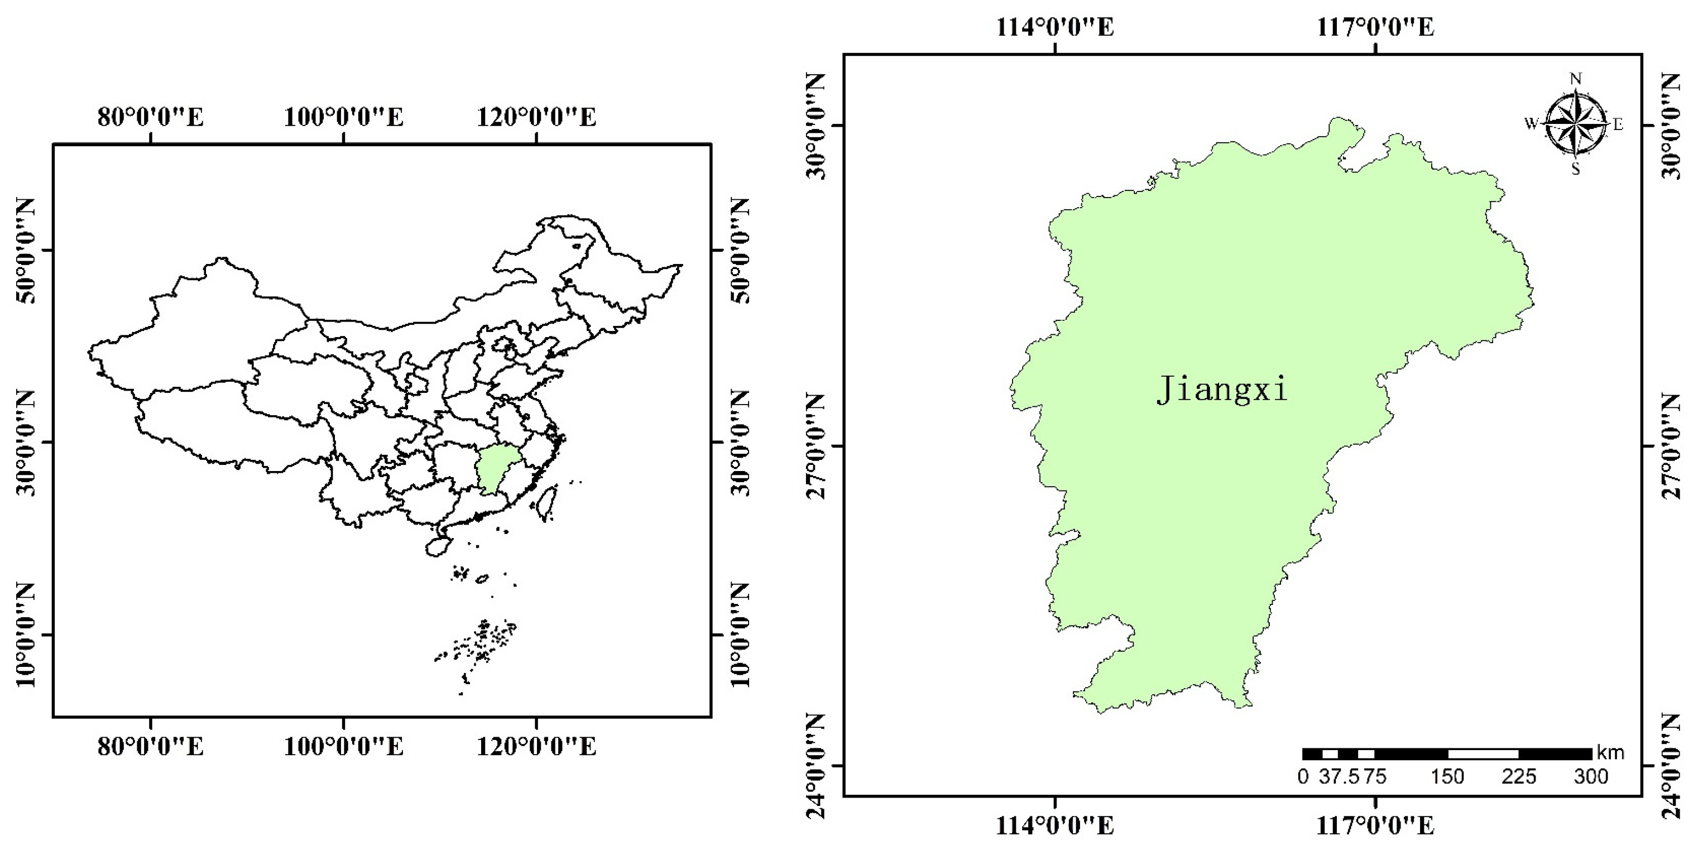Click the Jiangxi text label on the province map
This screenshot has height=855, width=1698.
tap(1221, 389)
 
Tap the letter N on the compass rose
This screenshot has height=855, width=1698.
tap(1575, 80)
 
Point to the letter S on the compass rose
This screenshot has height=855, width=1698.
tap(1575, 169)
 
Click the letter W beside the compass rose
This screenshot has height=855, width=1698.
tap(1531, 123)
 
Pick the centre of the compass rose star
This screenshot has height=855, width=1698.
tap(1575, 123)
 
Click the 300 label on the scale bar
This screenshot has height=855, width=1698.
tap(1591, 776)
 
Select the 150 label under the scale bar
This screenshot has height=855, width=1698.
tap(1447, 776)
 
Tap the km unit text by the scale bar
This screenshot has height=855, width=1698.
tap(1610, 752)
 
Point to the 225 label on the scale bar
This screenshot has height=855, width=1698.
tap(1519, 776)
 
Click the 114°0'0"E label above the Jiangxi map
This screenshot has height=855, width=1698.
tap(1054, 28)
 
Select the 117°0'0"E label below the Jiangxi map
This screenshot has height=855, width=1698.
tap(1375, 825)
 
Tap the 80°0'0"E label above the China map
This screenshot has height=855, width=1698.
tap(150, 117)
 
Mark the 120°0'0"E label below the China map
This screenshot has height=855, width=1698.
tap(536, 747)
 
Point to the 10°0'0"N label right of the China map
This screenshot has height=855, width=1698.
tap(740, 635)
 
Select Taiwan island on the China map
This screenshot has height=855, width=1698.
tap(546, 502)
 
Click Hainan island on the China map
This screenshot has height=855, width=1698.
tap(437, 546)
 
